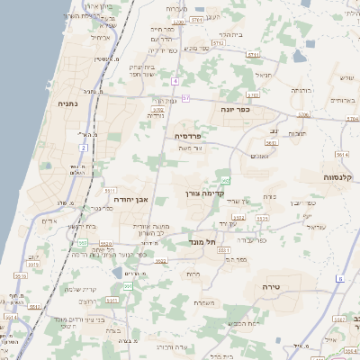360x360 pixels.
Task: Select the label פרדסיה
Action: pyautogui.click(x=190, y=135)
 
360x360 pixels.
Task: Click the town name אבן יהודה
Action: pyautogui.click(x=145, y=200)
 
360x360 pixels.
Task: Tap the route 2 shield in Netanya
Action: pyautogui.click(x=83, y=147)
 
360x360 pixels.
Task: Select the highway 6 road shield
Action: pyautogui.click(x=339, y=278)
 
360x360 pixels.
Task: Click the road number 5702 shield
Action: pyautogui.click(x=253, y=94)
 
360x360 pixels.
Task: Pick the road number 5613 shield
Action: pyautogui.click(x=270, y=141)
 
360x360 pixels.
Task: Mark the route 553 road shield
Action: pyautogui.click(x=82, y=242)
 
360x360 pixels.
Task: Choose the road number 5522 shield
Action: pyautogui.click(x=238, y=217)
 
